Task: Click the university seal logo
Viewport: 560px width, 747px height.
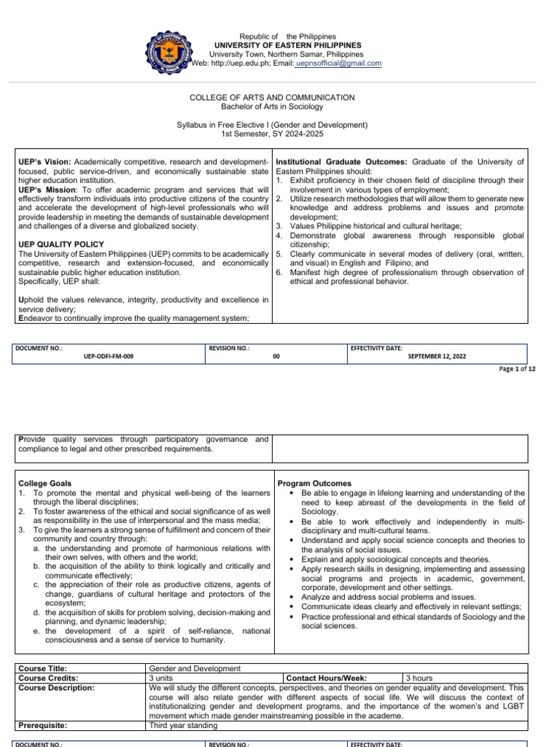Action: (x=174, y=50)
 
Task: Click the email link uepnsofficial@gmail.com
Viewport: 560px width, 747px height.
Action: (x=339, y=63)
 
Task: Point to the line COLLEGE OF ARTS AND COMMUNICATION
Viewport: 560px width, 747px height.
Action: (x=272, y=97)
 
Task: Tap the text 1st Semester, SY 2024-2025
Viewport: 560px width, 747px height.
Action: (x=272, y=134)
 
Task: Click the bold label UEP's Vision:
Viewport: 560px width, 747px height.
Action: (x=44, y=162)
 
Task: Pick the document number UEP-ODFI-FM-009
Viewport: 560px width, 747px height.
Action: (x=109, y=357)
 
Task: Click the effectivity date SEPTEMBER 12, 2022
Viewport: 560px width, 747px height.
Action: (x=437, y=357)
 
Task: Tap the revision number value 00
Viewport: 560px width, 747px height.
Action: (x=276, y=357)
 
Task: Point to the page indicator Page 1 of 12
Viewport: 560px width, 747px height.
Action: (x=518, y=370)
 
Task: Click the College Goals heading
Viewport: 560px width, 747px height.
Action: (x=45, y=484)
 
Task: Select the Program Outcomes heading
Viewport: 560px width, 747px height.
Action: (x=314, y=484)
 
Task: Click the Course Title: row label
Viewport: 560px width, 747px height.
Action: (x=43, y=668)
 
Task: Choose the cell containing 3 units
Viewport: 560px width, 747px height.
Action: (x=165, y=678)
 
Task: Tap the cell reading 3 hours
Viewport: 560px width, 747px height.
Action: (x=419, y=678)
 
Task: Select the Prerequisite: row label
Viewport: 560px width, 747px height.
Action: (x=43, y=725)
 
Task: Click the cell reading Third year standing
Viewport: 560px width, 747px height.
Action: (x=183, y=725)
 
